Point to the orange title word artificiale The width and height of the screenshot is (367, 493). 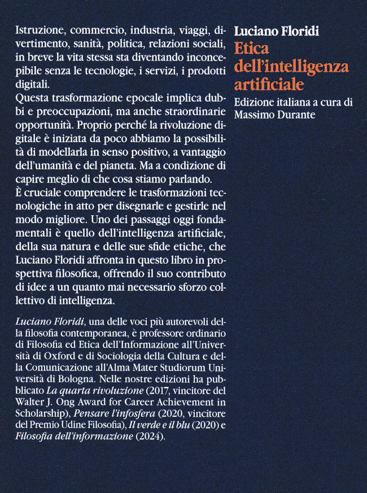coord(269,85)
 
